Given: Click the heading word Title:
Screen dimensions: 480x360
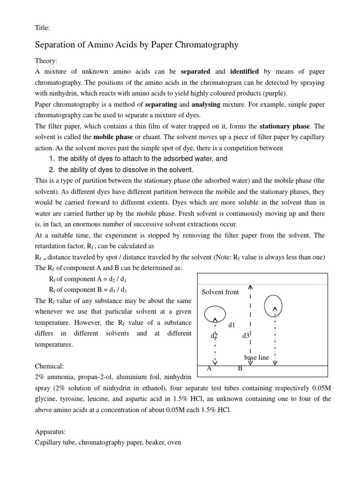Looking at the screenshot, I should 43,28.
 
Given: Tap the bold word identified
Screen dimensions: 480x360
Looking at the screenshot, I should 244,72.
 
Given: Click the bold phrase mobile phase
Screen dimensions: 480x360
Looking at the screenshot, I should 112,137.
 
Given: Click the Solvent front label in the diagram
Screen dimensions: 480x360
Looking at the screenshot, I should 220,292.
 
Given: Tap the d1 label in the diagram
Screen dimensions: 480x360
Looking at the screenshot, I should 232,325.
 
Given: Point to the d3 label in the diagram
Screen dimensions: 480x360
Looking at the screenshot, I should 246,336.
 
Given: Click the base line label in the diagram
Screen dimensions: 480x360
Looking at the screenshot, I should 256,357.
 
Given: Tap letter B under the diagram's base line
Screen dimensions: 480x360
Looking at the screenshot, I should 240,368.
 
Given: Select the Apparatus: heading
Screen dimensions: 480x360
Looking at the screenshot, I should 52,431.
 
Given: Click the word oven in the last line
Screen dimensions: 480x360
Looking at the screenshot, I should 172,442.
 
